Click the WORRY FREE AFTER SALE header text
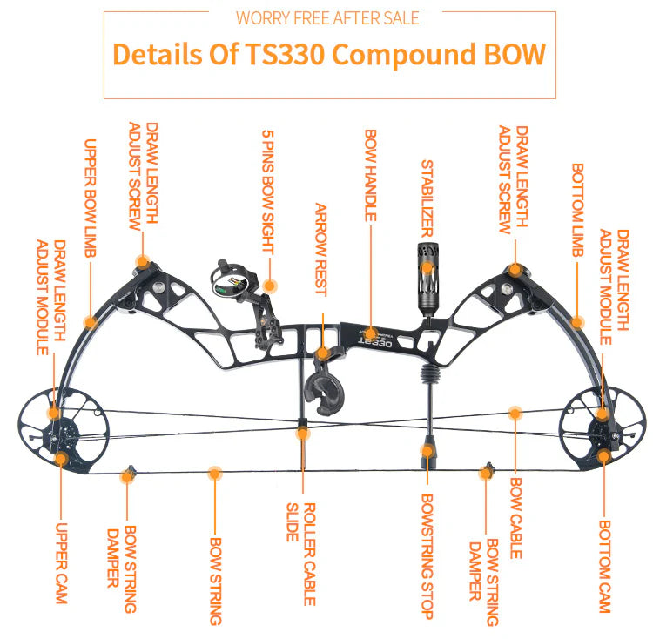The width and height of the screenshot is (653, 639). click(327, 17)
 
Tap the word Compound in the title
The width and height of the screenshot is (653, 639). click(403, 54)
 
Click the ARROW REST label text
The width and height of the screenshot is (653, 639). click(320, 250)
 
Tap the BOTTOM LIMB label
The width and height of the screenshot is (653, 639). click(576, 210)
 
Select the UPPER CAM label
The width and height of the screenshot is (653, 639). click(61, 562)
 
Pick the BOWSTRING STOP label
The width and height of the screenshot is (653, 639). click(427, 556)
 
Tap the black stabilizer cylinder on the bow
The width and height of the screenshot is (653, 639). click(427, 279)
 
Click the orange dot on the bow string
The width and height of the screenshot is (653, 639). click(215, 474)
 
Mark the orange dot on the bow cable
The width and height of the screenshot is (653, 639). click(515, 410)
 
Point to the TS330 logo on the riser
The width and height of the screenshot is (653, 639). click(375, 341)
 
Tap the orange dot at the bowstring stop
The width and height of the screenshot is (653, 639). click(427, 451)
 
